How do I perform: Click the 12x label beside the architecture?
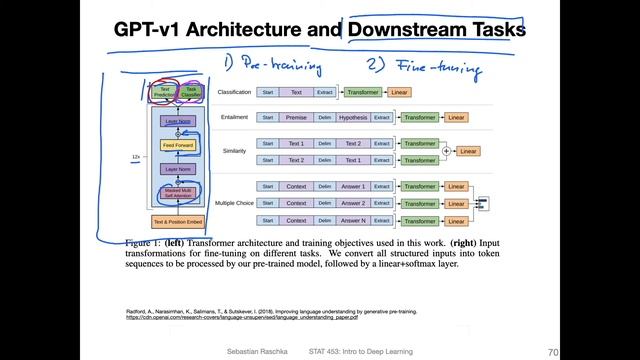point(137,157)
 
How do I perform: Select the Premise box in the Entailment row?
point(296,117)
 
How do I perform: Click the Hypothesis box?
point(353,117)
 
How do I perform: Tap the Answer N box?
point(353,220)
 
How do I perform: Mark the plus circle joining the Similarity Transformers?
point(447,151)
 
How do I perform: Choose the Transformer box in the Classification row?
point(362,92)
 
